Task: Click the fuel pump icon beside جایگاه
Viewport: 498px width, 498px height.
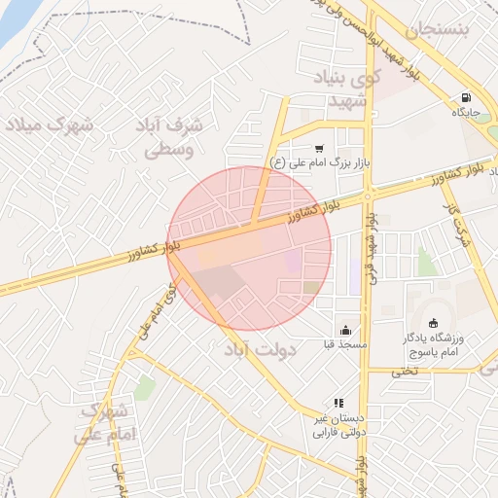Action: [467, 98]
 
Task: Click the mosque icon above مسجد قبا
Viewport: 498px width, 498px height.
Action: [345, 330]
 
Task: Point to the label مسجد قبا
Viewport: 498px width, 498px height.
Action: [345, 344]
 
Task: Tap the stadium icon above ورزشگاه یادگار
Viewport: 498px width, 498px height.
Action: [433, 324]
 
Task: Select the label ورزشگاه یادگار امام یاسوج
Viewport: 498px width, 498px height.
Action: [446, 344]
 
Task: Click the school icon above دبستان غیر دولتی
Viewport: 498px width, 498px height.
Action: [338, 402]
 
